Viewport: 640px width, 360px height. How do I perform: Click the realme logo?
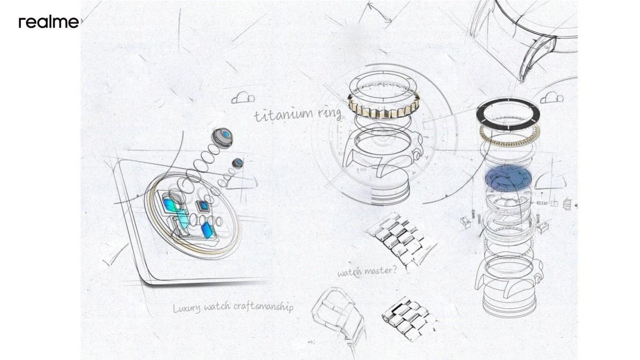tap(49, 22)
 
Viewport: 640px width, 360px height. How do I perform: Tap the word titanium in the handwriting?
tap(284, 115)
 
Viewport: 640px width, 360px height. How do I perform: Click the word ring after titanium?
tap(330, 114)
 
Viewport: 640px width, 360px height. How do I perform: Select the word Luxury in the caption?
tap(187, 308)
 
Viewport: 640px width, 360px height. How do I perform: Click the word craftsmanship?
tap(263, 307)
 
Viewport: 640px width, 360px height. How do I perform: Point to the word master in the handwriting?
tap(381, 270)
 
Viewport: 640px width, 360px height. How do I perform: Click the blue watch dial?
tap(508, 179)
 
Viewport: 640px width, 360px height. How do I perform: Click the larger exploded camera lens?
tap(222, 138)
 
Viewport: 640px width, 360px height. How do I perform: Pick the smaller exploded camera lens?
tap(238, 163)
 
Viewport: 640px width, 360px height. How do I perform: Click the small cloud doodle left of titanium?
tap(243, 98)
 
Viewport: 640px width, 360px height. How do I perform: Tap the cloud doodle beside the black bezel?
tap(551, 98)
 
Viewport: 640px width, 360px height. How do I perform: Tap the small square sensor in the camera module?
tap(203, 206)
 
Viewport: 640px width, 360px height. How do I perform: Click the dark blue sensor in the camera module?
tap(206, 230)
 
